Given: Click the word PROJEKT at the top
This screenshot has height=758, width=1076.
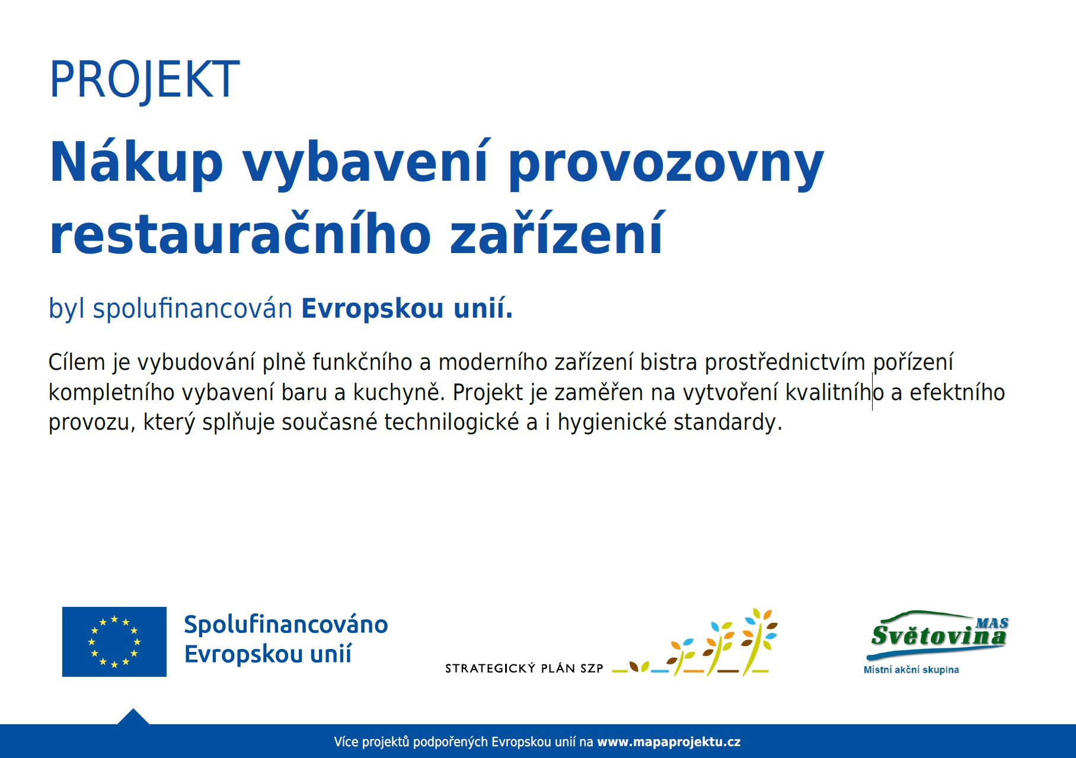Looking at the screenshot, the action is [145, 79].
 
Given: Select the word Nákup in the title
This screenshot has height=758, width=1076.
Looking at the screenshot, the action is [136, 163].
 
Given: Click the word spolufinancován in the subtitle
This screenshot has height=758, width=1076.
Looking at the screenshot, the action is [193, 309].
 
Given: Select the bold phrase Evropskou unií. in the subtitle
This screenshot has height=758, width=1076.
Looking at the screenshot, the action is [407, 308].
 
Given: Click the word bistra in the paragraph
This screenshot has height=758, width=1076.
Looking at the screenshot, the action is [668, 362].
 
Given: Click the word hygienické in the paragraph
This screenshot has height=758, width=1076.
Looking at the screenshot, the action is [612, 423].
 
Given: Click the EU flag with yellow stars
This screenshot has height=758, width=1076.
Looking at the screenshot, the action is [114, 642].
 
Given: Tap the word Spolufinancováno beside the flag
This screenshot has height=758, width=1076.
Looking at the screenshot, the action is [286, 625].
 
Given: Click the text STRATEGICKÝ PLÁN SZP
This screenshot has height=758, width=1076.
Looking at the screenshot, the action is [524, 669].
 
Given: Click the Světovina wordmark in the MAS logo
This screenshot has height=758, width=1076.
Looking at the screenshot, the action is [938, 636].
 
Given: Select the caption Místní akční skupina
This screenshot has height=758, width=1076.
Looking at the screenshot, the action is [911, 670].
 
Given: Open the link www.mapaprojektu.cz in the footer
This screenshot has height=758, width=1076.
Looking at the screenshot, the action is [669, 742].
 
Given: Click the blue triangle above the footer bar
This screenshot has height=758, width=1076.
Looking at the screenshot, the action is [133, 717].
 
